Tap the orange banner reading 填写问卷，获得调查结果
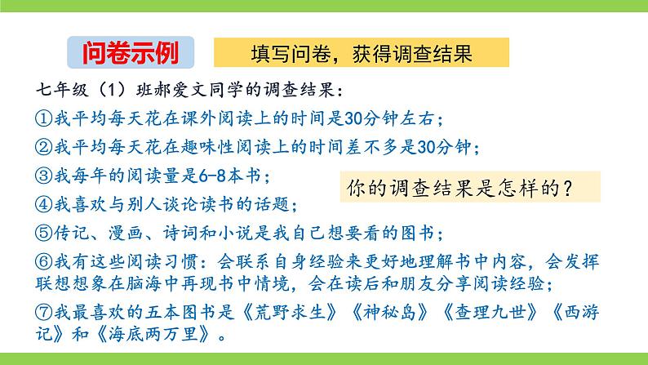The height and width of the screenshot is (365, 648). [361, 53]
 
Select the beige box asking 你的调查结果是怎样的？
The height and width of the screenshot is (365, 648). [468, 188]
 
